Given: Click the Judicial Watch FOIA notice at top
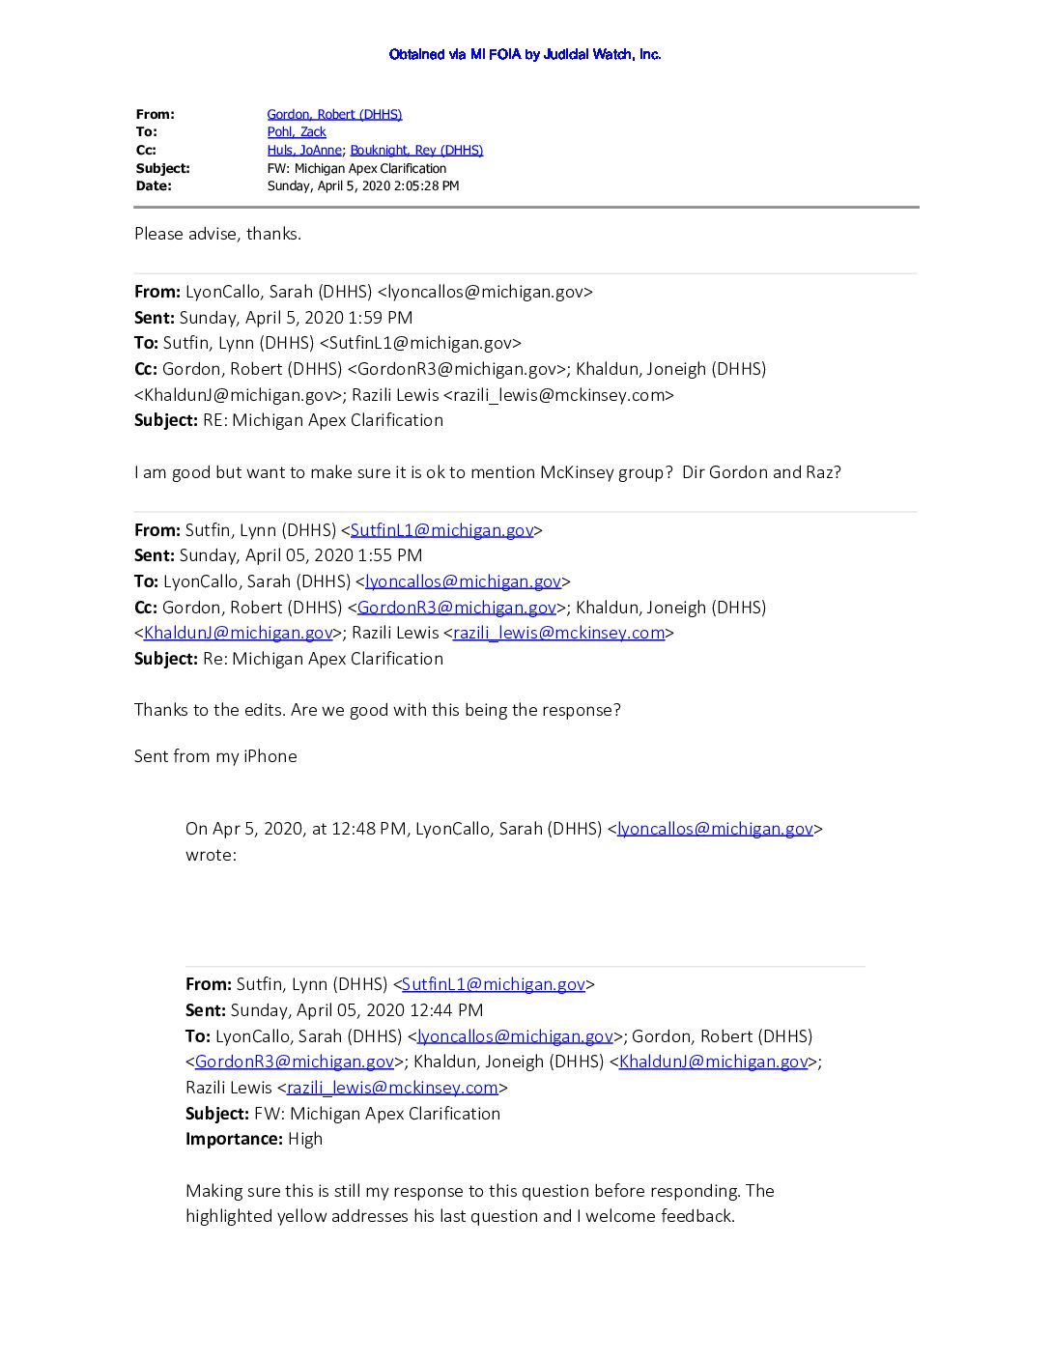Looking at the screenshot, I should [x=525, y=54].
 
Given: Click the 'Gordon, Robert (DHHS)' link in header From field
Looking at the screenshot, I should [x=334, y=114].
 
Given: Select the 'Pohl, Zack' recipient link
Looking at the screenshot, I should [x=297, y=131].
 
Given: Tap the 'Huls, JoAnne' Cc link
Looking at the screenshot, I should [x=304, y=150].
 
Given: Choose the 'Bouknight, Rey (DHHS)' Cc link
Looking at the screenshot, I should [x=416, y=150].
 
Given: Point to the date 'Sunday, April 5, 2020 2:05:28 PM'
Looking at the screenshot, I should [x=363, y=185].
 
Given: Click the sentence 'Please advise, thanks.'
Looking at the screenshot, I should [x=217, y=234].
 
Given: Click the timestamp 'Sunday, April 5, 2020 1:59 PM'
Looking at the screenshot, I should [x=296, y=318].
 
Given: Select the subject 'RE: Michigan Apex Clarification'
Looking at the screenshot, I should [x=323, y=420].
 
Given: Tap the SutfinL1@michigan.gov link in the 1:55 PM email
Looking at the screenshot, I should [x=441, y=530].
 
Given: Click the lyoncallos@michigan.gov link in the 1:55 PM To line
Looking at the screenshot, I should [x=463, y=581].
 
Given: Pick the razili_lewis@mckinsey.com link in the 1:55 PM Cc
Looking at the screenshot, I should [x=558, y=633].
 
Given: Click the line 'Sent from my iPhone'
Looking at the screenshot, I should [x=215, y=756].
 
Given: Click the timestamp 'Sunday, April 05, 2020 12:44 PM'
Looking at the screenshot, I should [x=356, y=1010].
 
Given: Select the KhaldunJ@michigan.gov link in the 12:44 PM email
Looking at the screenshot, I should [x=713, y=1062].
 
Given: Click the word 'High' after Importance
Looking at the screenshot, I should [x=305, y=1139].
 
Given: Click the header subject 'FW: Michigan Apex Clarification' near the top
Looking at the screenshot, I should [x=356, y=168].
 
